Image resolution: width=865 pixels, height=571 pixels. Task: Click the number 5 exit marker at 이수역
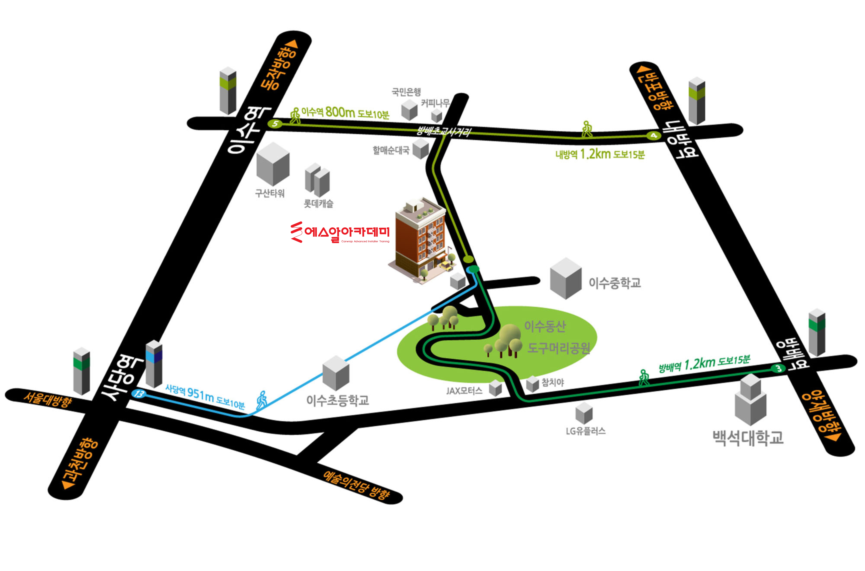(275, 124)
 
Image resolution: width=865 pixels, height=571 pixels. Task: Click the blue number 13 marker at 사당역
(139, 394)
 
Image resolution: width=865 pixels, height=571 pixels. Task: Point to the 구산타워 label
(270, 193)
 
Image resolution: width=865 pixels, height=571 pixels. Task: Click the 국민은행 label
(406, 92)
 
